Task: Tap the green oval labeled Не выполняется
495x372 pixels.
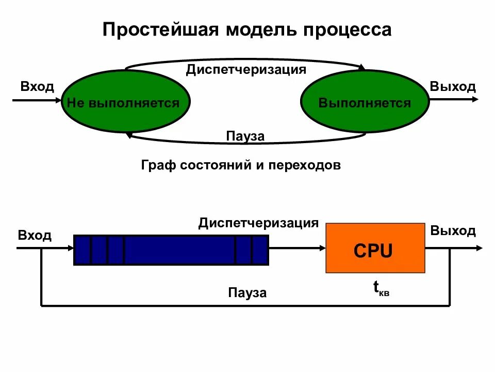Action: pyautogui.click(x=126, y=103)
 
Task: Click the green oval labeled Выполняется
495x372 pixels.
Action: pyautogui.click(x=365, y=103)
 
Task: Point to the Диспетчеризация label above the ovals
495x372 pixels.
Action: pyautogui.click(x=246, y=69)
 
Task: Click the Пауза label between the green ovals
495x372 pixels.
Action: pyautogui.click(x=245, y=136)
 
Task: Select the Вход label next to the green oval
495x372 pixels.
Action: pyautogui.click(x=37, y=86)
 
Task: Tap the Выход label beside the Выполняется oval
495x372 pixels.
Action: pyautogui.click(x=453, y=86)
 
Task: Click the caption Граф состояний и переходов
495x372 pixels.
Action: pyautogui.click(x=241, y=165)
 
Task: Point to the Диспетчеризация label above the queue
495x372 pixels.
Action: pyautogui.click(x=258, y=223)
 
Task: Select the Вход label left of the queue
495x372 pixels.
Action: pyautogui.click(x=35, y=236)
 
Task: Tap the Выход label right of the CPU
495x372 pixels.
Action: pyautogui.click(x=453, y=230)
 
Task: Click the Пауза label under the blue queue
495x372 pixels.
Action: pyautogui.click(x=248, y=293)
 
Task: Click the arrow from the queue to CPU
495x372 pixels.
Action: pyautogui.click(x=297, y=249)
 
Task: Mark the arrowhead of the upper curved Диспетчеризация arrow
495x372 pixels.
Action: pyautogui.click(x=362, y=67)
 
